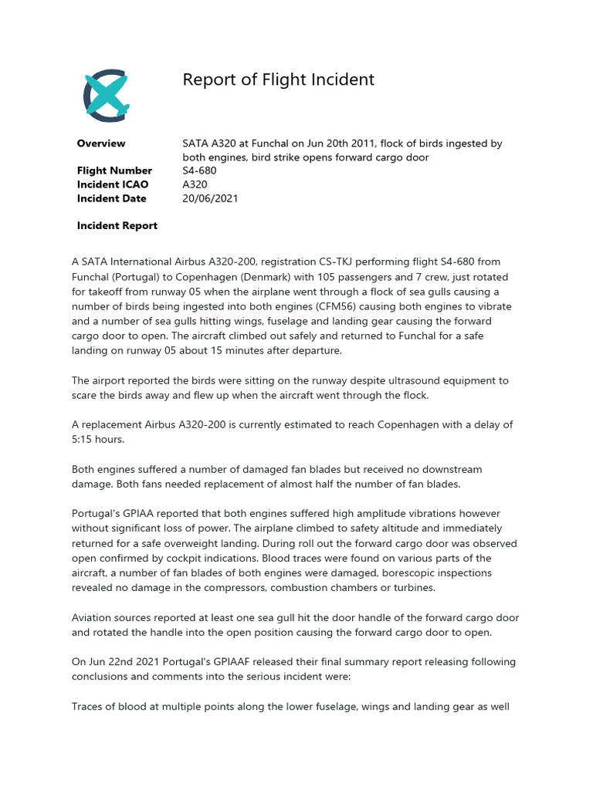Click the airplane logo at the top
tap(107, 96)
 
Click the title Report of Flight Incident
tap(278, 79)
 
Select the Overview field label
tap(101, 143)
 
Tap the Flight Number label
tap(114, 170)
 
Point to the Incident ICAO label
tap(113, 184)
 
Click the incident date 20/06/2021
tap(210, 198)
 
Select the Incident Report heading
tap(117, 226)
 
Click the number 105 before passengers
tap(341, 277)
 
